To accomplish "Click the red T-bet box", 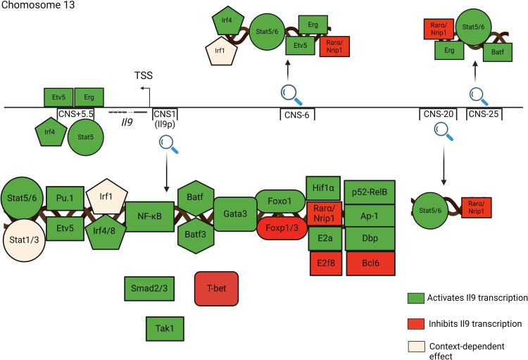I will point(217,288).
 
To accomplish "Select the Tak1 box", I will point(160,328).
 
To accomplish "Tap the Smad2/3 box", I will point(144,288).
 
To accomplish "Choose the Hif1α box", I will point(323,187).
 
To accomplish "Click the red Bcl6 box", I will point(370,263).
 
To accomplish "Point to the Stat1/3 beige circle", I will point(25,237).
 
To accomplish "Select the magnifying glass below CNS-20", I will point(442,130).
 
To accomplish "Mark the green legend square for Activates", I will point(416,298).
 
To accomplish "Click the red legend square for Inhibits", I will point(416,324).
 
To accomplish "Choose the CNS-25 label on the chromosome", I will point(485,113).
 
